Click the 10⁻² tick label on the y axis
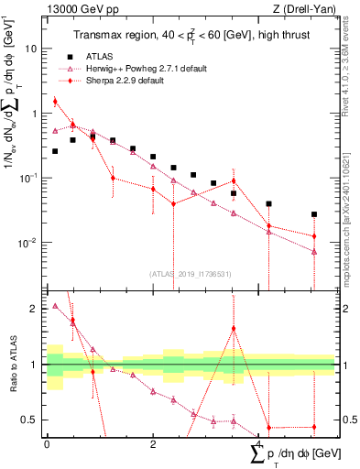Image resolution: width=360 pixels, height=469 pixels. (29, 243)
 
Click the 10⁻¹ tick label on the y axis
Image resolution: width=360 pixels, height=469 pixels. (29, 178)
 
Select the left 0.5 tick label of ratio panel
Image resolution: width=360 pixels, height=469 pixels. (33, 420)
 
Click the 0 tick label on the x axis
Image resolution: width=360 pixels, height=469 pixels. (47, 443)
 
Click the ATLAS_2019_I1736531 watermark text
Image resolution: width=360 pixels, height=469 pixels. (191, 274)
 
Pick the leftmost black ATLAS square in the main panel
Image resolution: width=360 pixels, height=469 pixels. (55, 151)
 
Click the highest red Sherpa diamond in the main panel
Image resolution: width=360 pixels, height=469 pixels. (55, 102)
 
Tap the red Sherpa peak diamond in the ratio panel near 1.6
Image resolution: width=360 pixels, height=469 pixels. (234, 328)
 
